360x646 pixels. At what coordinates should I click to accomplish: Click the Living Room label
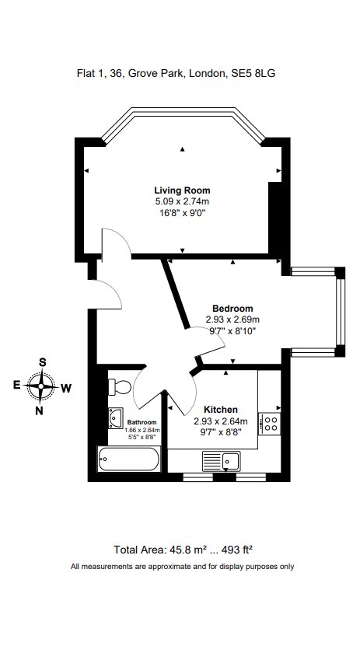(x=182, y=190)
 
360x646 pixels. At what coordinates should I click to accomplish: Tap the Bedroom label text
(x=232, y=309)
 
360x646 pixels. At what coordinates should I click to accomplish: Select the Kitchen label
(x=220, y=410)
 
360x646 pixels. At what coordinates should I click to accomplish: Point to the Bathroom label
(x=142, y=423)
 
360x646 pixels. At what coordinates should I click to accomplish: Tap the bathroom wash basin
(x=116, y=417)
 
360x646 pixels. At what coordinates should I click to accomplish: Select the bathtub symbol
(x=128, y=460)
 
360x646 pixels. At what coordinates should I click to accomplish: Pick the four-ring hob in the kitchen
(x=271, y=423)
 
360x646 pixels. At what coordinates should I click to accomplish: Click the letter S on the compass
(x=43, y=362)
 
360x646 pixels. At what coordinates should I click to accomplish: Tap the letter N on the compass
(x=39, y=411)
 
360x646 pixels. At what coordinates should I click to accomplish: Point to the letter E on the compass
(x=16, y=385)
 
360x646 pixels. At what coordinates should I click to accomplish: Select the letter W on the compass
(x=67, y=387)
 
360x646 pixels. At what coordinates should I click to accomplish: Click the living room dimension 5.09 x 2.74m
(x=182, y=201)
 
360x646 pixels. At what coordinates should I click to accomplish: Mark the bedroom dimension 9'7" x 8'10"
(x=232, y=330)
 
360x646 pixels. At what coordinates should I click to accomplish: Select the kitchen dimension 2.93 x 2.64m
(x=220, y=421)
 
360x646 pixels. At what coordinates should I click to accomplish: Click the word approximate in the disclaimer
(x=161, y=566)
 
